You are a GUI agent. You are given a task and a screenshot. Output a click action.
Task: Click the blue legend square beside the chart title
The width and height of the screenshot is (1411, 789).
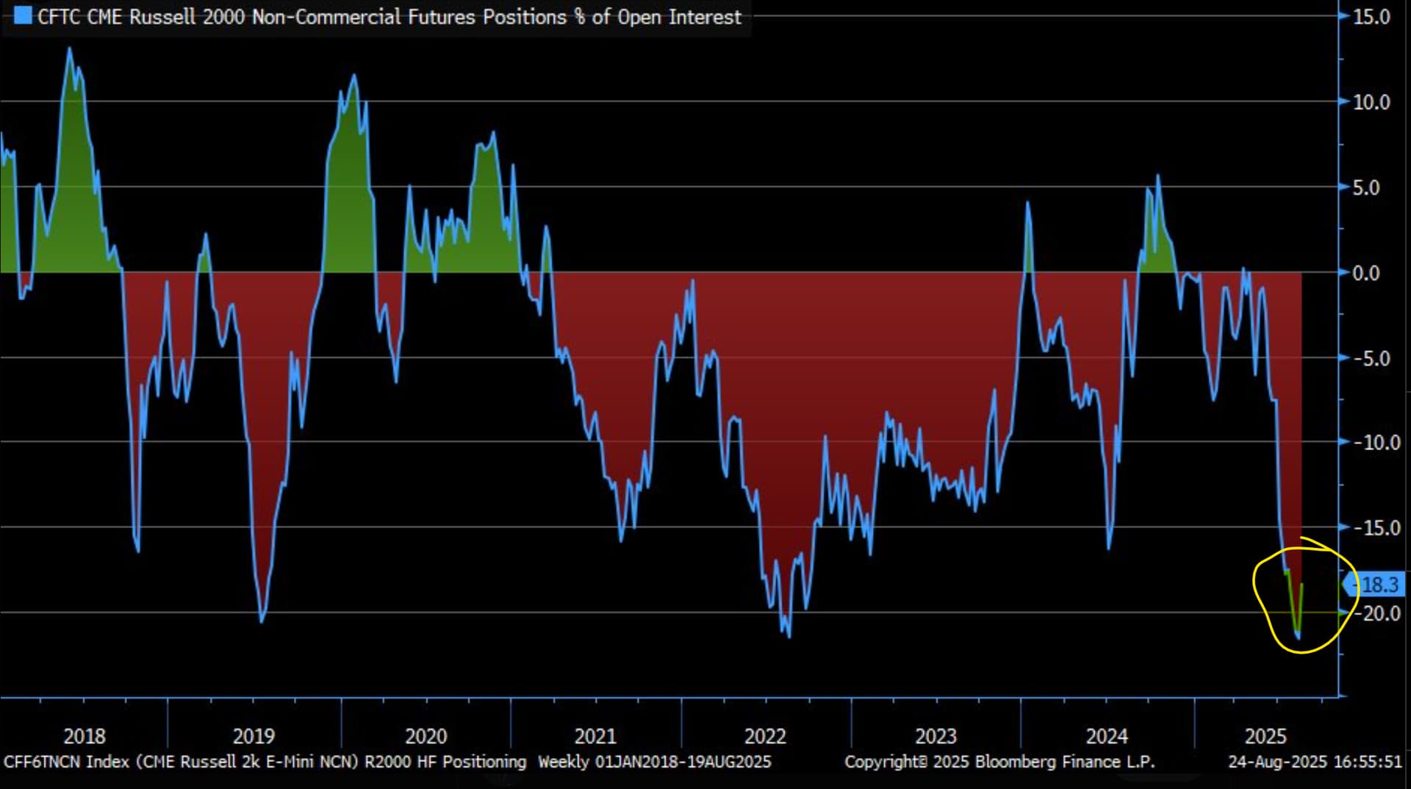point(23,15)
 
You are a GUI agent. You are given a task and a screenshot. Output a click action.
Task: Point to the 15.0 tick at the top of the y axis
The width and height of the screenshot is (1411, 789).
point(1371,17)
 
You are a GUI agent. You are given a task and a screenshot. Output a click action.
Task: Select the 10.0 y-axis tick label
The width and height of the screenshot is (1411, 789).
point(1371,102)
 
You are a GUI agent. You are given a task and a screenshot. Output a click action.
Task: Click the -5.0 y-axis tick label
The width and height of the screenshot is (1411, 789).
point(1371,359)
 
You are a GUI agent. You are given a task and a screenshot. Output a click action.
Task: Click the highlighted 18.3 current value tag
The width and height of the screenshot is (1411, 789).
point(1379,585)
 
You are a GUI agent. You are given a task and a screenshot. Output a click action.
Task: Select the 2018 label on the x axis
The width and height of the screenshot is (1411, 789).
point(85,736)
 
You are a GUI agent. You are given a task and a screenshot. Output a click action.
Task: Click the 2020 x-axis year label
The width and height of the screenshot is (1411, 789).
point(426,736)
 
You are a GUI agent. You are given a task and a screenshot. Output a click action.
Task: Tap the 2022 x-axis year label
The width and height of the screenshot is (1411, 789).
point(765,736)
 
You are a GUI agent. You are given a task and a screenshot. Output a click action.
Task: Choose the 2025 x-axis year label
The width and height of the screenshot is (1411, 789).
point(1265,736)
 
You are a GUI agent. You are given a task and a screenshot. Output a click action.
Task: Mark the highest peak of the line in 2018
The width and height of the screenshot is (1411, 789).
point(70,49)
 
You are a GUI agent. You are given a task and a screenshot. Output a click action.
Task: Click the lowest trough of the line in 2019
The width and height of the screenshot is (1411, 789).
point(262,621)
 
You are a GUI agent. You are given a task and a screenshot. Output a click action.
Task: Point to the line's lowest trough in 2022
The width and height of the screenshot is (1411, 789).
point(789,636)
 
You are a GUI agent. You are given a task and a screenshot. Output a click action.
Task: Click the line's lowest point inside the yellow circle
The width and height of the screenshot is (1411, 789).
point(1298,637)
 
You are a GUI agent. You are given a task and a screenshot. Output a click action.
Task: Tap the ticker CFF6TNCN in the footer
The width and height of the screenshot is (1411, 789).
point(41,762)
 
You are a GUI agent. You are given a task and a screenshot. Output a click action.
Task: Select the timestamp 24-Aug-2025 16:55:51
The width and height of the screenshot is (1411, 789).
point(1315,762)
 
